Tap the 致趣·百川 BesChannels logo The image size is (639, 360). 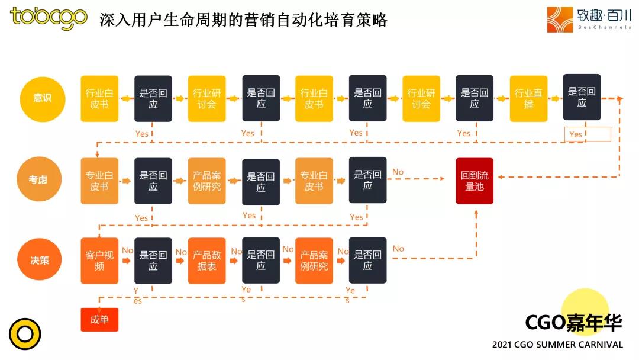588,20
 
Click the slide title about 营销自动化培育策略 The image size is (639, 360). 243,20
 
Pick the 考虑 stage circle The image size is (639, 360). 39,179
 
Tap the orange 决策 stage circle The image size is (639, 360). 39,259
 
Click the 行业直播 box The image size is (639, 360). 528,98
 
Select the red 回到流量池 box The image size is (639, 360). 475,181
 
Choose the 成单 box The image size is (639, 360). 99,320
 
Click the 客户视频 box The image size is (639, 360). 99,261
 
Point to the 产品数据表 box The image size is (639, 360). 206,261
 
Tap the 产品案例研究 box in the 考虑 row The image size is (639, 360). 206,181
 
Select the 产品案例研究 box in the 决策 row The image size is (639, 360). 314,261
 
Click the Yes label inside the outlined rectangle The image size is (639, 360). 576,134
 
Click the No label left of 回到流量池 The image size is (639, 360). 398,172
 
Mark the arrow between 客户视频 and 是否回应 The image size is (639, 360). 126,261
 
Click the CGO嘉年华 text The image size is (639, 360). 573,323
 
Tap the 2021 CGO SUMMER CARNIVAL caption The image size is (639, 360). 557,345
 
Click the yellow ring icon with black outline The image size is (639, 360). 25,334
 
